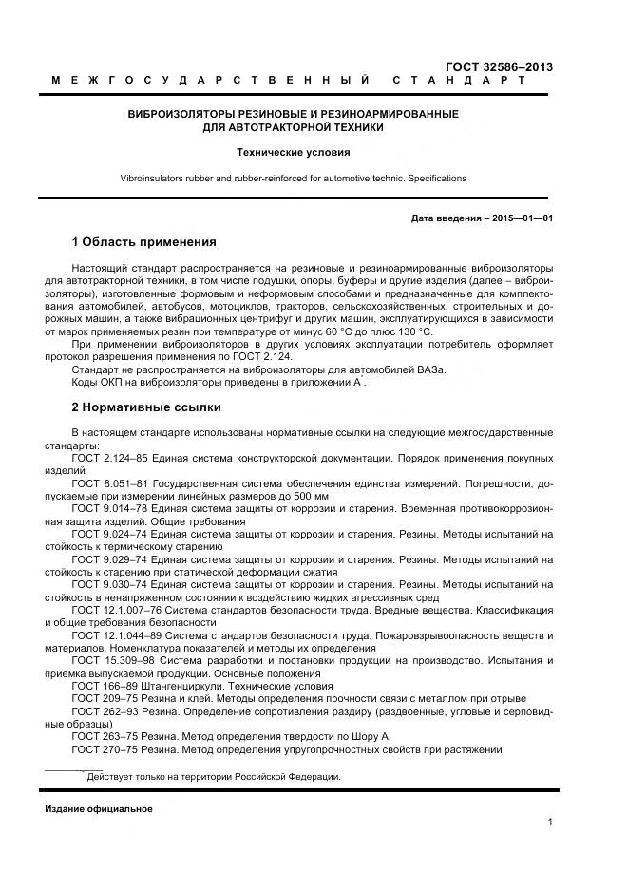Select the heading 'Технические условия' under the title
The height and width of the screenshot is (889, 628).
click(x=294, y=152)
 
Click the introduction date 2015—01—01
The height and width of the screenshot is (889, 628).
click(x=520, y=218)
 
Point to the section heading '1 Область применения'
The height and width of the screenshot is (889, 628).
click(x=143, y=241)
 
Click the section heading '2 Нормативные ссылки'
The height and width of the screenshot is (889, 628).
click(x=145, y=407)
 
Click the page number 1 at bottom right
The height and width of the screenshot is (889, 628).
click(x=550, y=823)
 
